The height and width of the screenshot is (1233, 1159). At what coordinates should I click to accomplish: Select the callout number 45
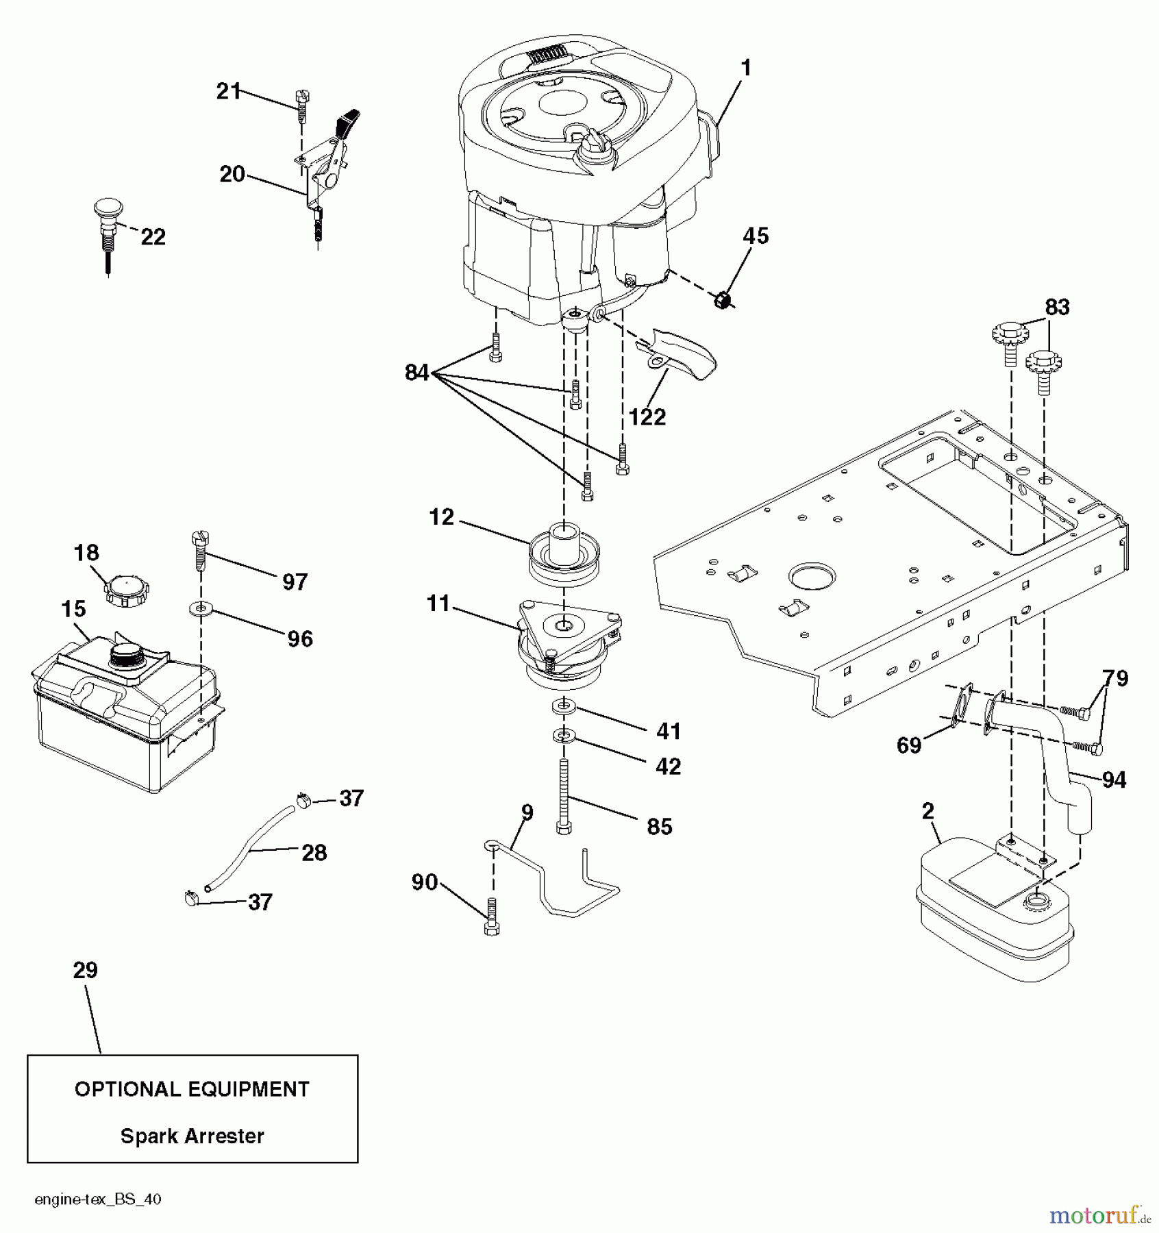pyautogui.click(x=756, y=236)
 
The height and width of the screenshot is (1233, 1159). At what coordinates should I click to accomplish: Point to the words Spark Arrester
pyautogui.click(x=192, y=1136)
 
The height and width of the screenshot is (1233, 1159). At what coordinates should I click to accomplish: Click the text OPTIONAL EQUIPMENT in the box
pyautogui.click(x=192, y=1089)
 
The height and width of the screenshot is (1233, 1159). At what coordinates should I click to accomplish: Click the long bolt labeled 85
pyautogui.click(x=564, y=795)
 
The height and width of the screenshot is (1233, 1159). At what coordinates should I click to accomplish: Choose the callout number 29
pyautogui.click(x=86, y=970)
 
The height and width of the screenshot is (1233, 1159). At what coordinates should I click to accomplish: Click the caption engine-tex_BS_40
pyautogui.click(x=98, y=1199)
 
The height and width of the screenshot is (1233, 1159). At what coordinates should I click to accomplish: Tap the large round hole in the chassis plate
pyautogui.click(x=812, y=577)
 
